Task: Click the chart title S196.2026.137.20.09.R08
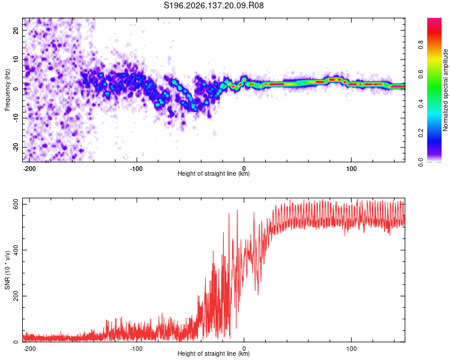click(x=214, y=5)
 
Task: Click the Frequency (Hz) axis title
click(x=7, y=90)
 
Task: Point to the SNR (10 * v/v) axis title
click(x=7, y=270)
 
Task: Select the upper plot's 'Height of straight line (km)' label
click(x=214, y=173)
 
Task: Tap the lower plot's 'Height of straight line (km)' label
click(x=214, y=353)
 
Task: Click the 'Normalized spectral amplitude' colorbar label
click(x=445, y=90)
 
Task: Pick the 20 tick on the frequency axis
click(x=16, y=30)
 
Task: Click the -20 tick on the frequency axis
click(x=16, y=147)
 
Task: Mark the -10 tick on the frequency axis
click(x=16, y=118)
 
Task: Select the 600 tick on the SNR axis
click(x=16, y=204)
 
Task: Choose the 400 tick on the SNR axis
click(x=16, y=250)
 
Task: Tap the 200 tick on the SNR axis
click(x=16, y=296)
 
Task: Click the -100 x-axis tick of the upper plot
click(x=136, y=169)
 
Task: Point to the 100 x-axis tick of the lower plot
click(x=351, y=349)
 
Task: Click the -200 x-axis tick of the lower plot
click(x=29, y=349)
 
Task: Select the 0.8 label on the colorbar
click(x=421, y=44)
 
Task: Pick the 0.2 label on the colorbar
click(x=421, y=133)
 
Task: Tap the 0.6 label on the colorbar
click(x=421, y=74)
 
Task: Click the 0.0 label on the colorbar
click(x=421, y=162)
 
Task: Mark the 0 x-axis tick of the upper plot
click(x=244, y=169)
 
